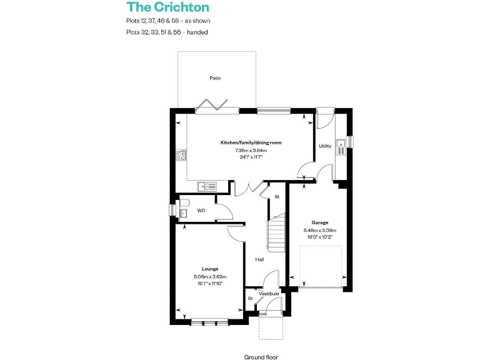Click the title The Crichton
click(168, 7)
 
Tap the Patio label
click(215, 78)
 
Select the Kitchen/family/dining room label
click(251, 142)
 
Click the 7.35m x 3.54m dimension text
click(251, 150)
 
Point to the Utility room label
click(325, 146)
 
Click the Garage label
click(320, 222)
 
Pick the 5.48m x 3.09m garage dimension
click(320, 229)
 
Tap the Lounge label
click(209, 269)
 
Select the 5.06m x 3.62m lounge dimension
click(209, 276)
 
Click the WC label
click(201, 211)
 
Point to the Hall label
click(259, 259)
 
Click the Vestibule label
click(269, 293)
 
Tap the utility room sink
click(341, 147)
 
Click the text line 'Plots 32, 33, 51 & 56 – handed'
click(166, 32)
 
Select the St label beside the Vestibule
click(250, 298)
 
